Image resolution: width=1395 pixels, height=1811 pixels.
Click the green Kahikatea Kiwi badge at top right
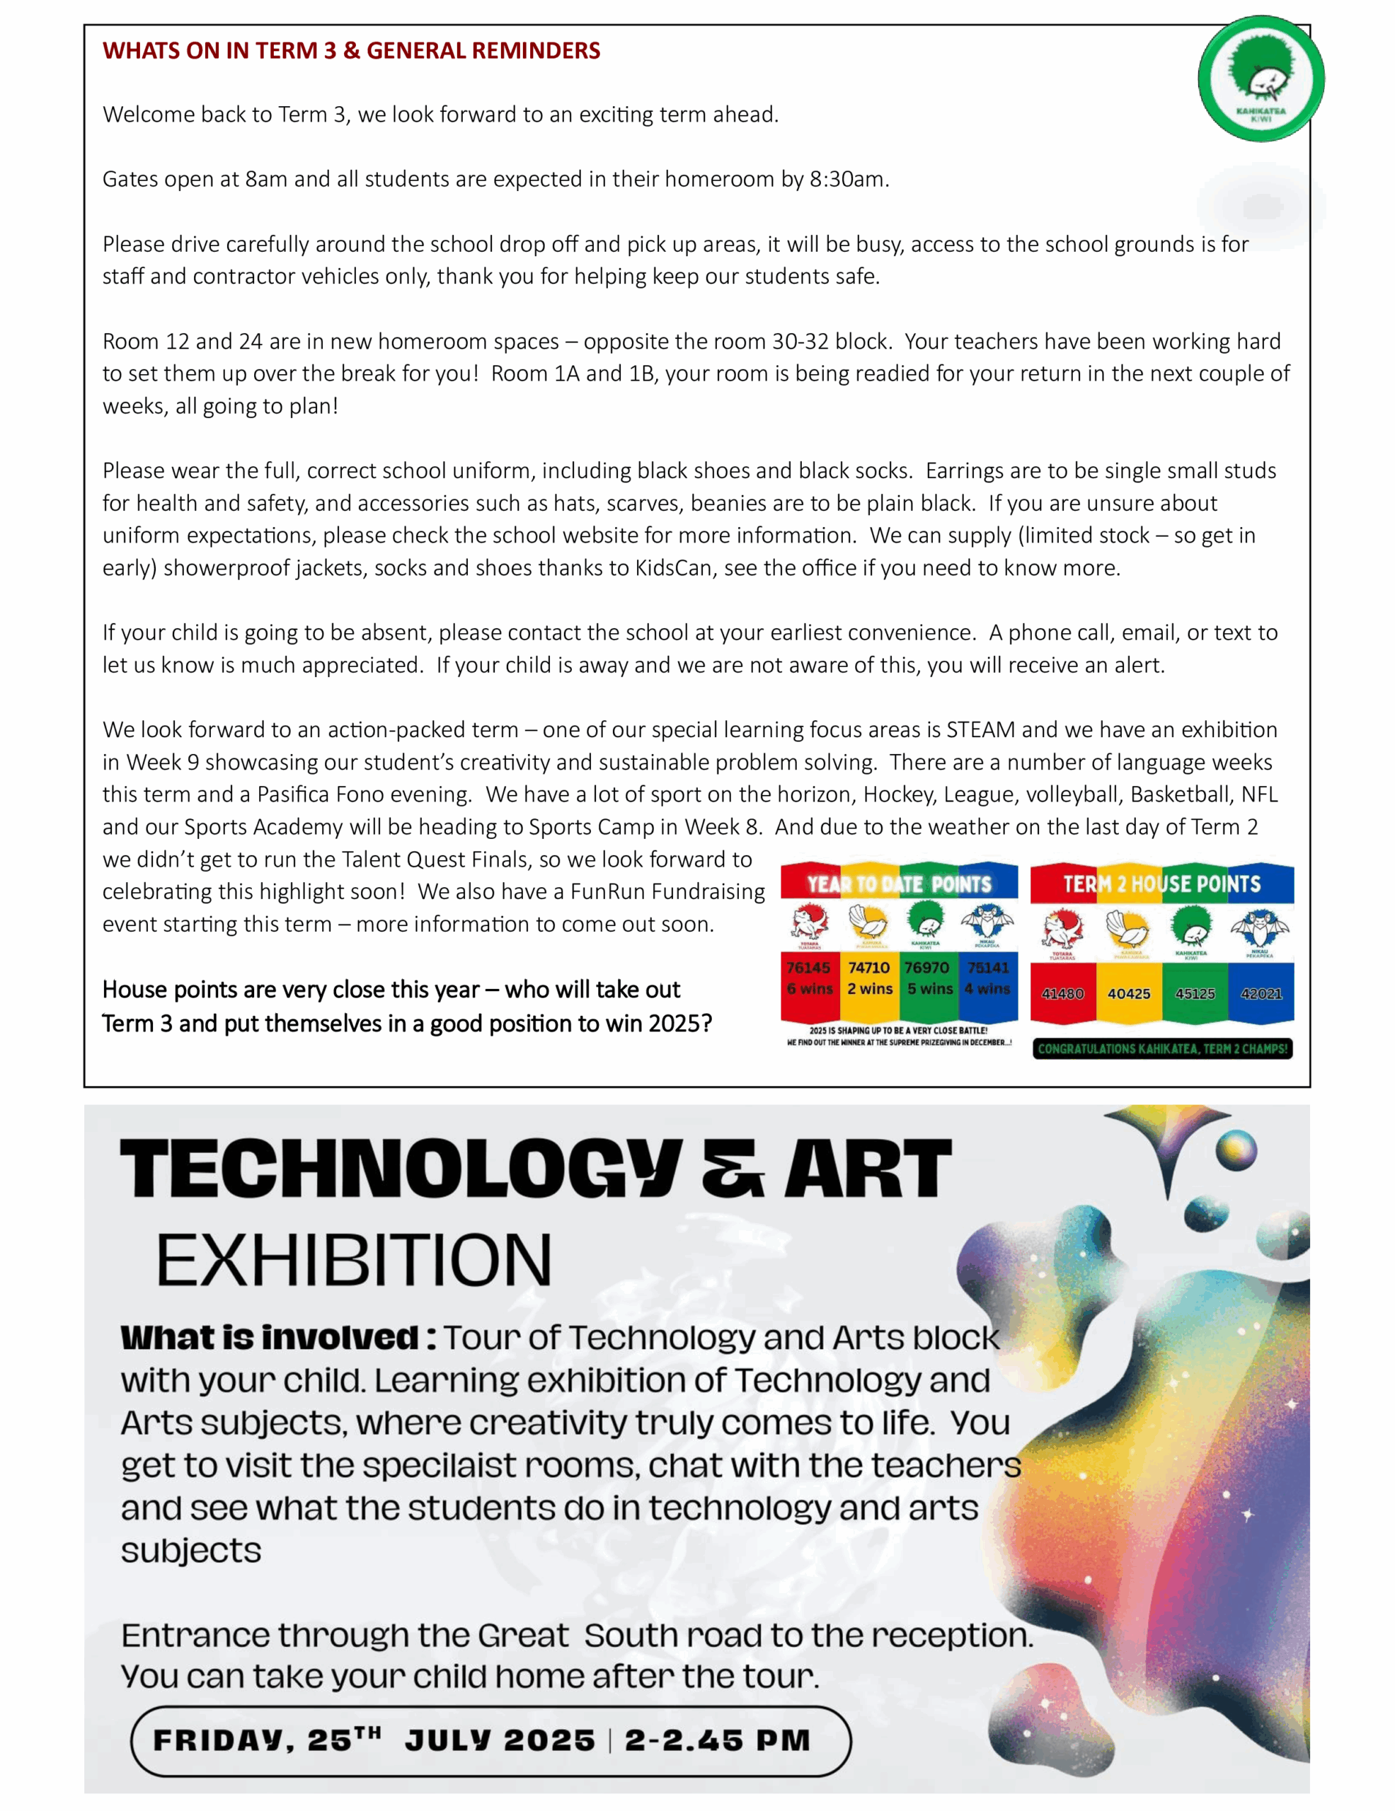[1260, 79]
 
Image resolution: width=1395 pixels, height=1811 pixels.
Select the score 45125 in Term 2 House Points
[1194, 993]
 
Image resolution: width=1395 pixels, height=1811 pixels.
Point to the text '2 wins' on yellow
[869, 988]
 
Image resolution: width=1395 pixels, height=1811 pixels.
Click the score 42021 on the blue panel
[1261, 993]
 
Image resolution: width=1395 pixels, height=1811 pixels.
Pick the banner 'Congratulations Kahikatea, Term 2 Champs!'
[1162, 1049]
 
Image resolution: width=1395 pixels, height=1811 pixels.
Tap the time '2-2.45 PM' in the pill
[718, 1740]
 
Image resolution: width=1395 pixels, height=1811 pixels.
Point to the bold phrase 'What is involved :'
[278, 1338]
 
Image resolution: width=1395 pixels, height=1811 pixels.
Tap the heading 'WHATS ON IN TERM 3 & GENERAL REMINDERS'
[352, 51]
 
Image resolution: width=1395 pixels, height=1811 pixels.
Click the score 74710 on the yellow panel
[868, 967]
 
